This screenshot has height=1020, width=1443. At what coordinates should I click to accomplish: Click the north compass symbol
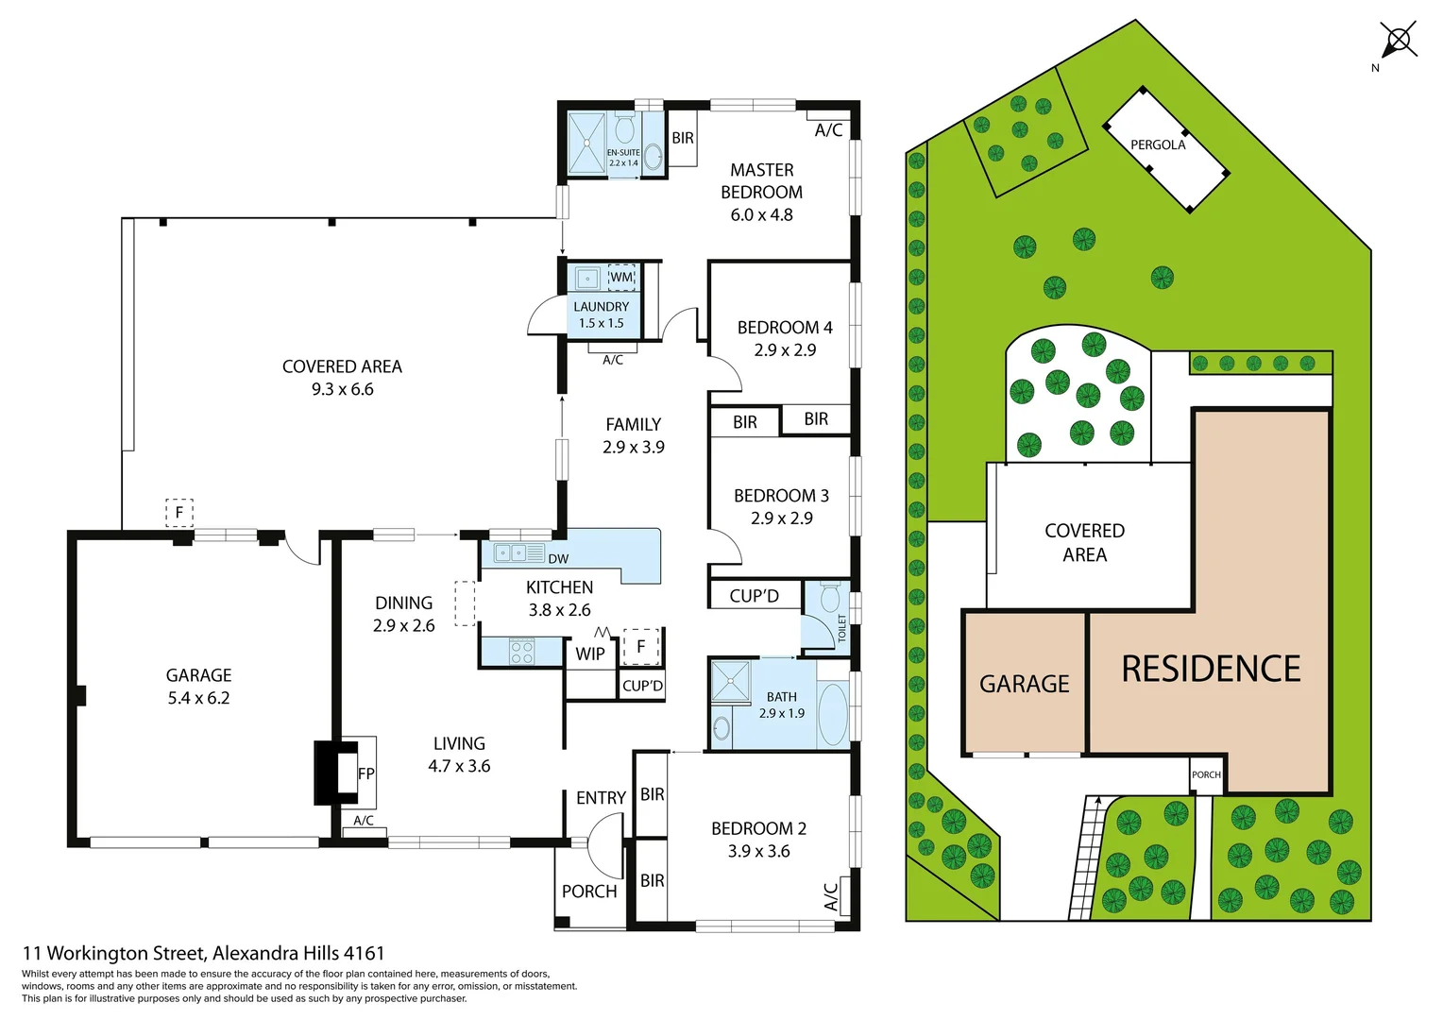click(1398, 41)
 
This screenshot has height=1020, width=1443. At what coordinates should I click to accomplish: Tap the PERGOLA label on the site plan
click(1157, 144)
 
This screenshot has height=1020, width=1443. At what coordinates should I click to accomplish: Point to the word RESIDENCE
click(1211, 669)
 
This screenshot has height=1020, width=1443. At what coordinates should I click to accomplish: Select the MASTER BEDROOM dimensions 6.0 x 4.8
click(761, 214)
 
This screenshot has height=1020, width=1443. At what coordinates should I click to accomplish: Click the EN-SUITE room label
click(622, 152)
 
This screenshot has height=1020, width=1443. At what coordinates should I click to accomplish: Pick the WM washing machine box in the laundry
click(621, 278)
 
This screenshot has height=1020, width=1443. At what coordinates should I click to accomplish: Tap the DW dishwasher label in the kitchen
click(558, 558)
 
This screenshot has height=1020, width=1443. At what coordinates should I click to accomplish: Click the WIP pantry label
click(590, 654)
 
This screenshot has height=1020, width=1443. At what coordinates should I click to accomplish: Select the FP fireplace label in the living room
click(366, 773)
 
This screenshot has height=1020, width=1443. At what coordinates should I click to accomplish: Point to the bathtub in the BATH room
click(832, 714)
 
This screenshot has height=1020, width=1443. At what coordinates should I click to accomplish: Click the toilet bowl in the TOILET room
click(830, 598)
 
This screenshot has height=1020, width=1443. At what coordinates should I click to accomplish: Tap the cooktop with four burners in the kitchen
click(521, 652)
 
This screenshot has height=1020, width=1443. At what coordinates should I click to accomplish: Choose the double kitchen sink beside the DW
click(511, 553)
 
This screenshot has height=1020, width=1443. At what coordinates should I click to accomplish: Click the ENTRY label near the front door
click(601, 798)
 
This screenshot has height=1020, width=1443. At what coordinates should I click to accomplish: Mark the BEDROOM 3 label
click(781, 496)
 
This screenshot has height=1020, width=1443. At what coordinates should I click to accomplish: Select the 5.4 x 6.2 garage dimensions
click(198, 698)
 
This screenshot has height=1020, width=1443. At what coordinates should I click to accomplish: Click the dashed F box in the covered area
click(179, 513)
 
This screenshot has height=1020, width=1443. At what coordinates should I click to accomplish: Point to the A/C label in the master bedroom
click(828, 130)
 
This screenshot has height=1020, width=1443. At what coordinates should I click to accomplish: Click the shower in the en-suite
click(586, 144)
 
